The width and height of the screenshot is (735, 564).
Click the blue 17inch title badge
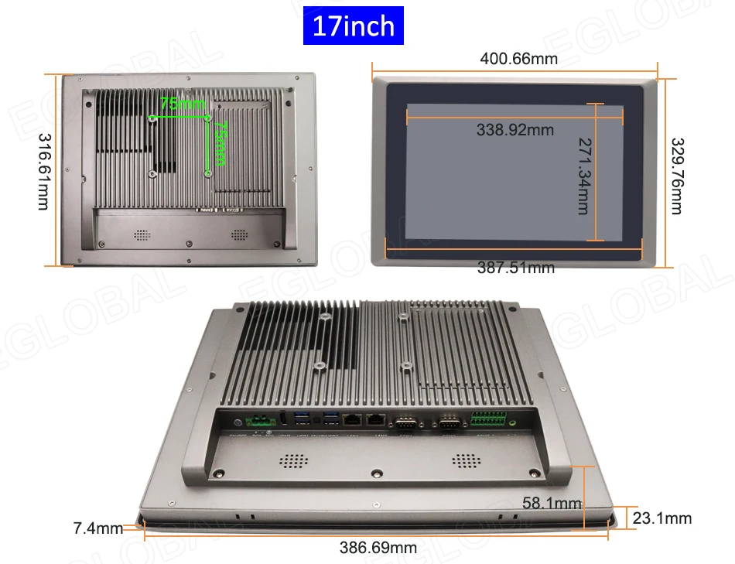pos(354,26)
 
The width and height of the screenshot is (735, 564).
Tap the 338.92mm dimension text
pos(515,129)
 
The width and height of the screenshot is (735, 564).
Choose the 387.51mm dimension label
pos(515,268)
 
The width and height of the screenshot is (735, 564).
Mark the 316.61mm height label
pos(43,170)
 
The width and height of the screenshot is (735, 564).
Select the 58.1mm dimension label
pos(552,504)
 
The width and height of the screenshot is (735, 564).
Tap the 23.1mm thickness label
pos(661,518)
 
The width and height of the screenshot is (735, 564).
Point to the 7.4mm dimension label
pos(97,529)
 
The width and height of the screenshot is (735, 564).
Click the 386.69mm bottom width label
pos(378,548)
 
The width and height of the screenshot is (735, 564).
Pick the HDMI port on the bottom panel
pos(282,420)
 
